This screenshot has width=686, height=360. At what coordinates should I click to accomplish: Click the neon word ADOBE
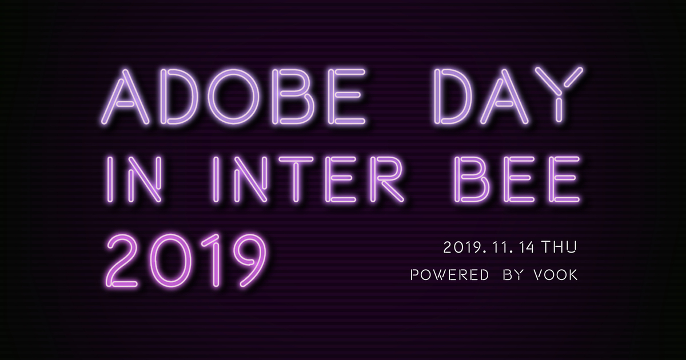tap(233, 97)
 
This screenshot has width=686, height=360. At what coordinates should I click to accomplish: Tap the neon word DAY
tap(509, 95)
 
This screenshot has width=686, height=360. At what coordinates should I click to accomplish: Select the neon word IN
tap(134, 179)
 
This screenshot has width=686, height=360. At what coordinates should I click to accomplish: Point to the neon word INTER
tap(308, 179)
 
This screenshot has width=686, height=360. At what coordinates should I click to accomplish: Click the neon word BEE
tap(517, 179)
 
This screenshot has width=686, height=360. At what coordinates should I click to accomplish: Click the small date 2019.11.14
tap(489, 247)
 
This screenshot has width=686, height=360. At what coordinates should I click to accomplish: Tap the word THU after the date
tap(559, 247)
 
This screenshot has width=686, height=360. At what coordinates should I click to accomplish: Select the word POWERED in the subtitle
tap(449, 275)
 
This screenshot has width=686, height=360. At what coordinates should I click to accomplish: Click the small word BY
tap(512, 275)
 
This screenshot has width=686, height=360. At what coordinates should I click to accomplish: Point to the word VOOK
tap(555, 275)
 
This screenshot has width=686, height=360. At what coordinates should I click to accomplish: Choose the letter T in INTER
tap(296, 179)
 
